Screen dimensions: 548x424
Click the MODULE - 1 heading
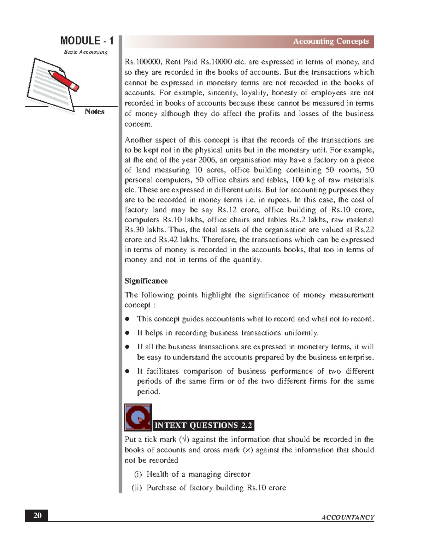[87, 41]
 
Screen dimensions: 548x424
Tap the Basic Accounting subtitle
[86, 52]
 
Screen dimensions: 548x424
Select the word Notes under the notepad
[94, 112]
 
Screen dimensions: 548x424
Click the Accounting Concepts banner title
[331, 41]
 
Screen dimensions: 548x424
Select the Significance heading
[146, 281]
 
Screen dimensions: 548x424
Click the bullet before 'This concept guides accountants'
[128, 319]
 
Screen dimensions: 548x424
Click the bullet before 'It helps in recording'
[128, 333]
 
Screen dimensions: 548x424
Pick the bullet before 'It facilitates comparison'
[128, 371]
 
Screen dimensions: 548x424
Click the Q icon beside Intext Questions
[138, 417]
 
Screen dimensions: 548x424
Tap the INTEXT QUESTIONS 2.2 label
[204, 425]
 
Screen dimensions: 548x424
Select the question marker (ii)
[137, 488]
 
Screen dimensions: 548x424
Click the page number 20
[37, 516]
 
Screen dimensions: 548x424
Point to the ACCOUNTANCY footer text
[348, 517]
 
